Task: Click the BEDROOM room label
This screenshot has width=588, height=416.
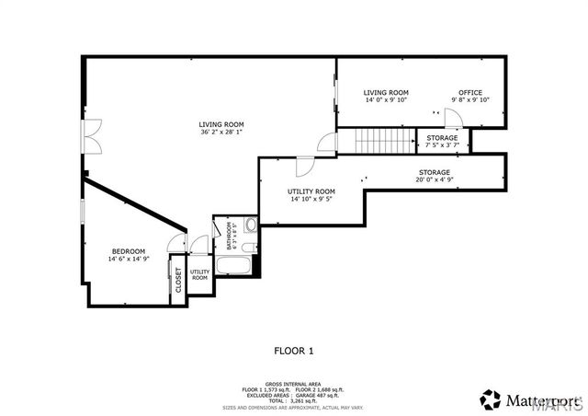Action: (129, 252)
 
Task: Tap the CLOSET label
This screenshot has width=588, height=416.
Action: (178, 280)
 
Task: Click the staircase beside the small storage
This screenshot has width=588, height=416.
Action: (385, 140)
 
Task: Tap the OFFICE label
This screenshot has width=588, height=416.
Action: (469, 92)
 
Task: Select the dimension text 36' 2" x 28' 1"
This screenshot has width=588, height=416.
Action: (220, 132)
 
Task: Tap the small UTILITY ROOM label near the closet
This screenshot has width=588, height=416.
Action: (199, 274)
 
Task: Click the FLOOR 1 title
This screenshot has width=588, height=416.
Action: (294, 350)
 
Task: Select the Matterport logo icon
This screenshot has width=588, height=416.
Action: (490, 398)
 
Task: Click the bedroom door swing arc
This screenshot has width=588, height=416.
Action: (173, 241)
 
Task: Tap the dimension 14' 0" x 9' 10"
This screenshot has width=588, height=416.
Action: (386, 100)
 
